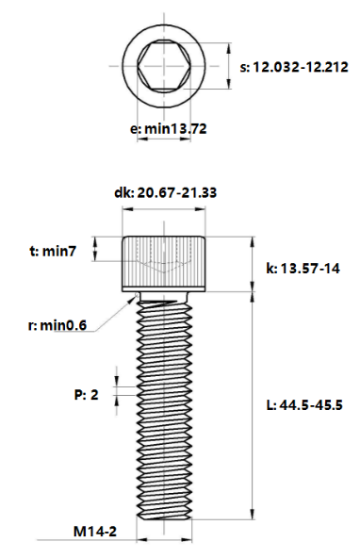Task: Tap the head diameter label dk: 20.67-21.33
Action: tap(165, 192)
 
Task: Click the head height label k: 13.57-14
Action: tap(303, 269)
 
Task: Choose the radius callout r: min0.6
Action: tap(57, 325)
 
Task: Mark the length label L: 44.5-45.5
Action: tap(303, 405)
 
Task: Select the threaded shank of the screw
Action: tap(165, 405)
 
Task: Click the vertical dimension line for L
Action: tap(252, 405)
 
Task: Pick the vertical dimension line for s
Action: tap(229, 67)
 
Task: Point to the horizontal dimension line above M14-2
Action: tap(165, 540)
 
